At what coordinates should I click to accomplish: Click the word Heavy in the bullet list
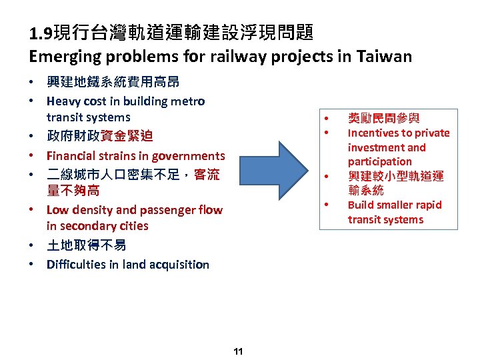(63, 101)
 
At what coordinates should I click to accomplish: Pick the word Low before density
(57, 210)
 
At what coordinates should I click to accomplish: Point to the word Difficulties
(74, 265)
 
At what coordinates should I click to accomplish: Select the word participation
(379, 162)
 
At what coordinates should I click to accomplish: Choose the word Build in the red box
(361, 205)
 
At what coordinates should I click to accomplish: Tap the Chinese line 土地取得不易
(87, 245)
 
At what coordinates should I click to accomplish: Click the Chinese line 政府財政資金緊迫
(100, 137)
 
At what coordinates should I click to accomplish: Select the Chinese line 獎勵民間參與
(384, 119)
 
